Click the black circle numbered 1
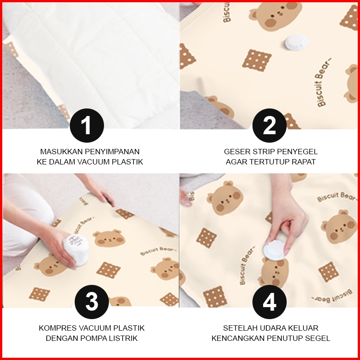point(87,125)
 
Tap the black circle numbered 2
point(269,125)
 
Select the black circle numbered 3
point(92,302)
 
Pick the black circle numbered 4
point(269,302)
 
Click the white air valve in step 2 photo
point(296,42)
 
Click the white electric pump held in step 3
point(76,250)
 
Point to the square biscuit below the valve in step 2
point(257,60)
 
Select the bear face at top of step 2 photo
point(276,16)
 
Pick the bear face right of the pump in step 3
point(109,238)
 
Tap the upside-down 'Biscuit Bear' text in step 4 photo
point(332,296)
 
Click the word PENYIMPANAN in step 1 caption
point(112,152)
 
